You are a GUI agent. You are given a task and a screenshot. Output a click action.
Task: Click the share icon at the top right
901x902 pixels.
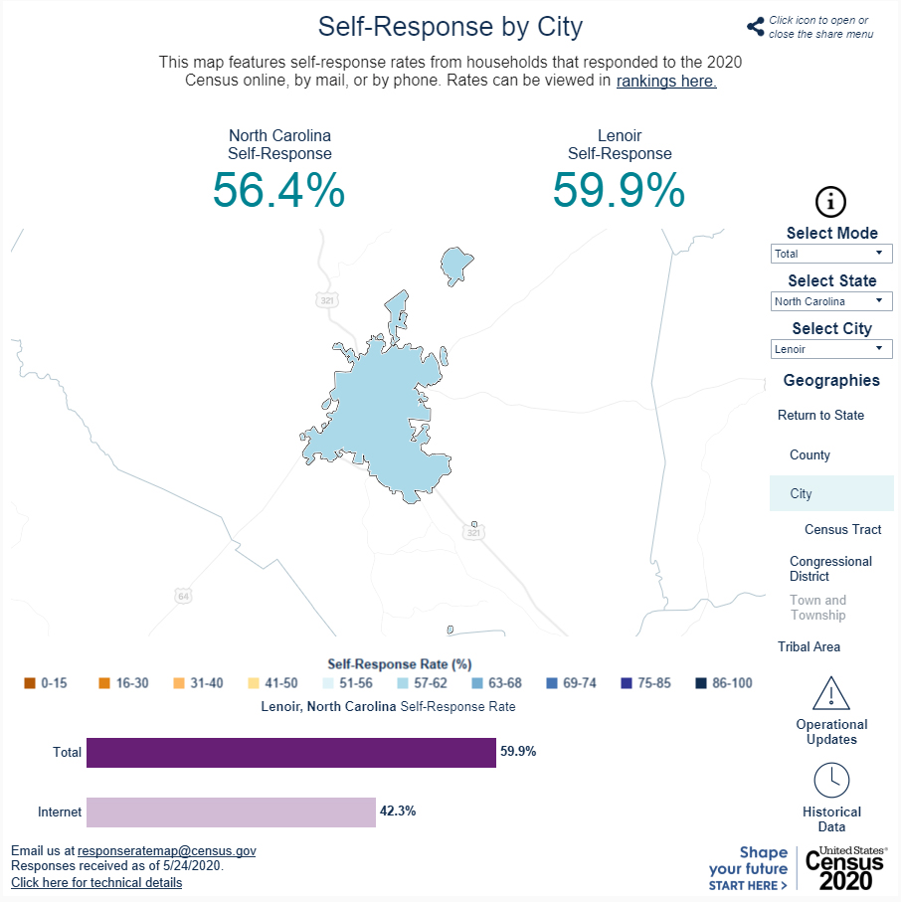tap(756, 27)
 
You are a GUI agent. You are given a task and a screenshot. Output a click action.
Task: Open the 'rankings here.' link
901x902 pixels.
tap(666, 82)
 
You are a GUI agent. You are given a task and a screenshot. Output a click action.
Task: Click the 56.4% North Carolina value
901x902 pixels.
tap(279, 190)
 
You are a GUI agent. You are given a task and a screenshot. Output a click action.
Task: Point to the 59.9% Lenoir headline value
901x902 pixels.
tap(620, 190)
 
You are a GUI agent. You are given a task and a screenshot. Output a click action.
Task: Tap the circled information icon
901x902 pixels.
tap(830, 202)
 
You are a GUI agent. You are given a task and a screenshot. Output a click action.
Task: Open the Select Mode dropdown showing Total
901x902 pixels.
tap(831, 254)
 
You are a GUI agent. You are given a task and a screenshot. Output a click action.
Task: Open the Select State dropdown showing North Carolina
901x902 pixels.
tap(831, 301)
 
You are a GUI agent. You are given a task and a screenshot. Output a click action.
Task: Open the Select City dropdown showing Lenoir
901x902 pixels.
tap(831, 349)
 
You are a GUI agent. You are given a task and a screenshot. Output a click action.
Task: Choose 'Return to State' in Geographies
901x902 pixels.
tap(820, 416)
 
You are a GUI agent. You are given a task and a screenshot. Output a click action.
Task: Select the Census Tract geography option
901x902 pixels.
tap(842, 529)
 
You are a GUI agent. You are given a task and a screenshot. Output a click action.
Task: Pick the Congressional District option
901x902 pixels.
tap(830, 569)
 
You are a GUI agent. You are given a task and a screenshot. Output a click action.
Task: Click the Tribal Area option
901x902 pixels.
tap(809, 646)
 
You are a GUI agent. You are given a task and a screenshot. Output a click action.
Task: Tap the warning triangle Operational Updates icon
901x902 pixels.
tap(830, 693)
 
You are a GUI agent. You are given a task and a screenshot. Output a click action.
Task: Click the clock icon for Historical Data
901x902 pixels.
tap(831, 781)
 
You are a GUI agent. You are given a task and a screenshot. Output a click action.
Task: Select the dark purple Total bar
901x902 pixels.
tap(291, 753)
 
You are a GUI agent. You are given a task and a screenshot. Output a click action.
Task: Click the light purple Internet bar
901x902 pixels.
tap(232, 812)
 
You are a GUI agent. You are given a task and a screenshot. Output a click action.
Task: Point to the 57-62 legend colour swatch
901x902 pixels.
tap(403, 683)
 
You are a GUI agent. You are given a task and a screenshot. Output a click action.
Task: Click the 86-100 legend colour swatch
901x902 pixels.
tap(701, 683)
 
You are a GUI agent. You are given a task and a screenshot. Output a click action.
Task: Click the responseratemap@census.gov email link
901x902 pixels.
tap(167, 851)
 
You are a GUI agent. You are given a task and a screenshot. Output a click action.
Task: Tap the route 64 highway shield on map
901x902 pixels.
tap(183, 596)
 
